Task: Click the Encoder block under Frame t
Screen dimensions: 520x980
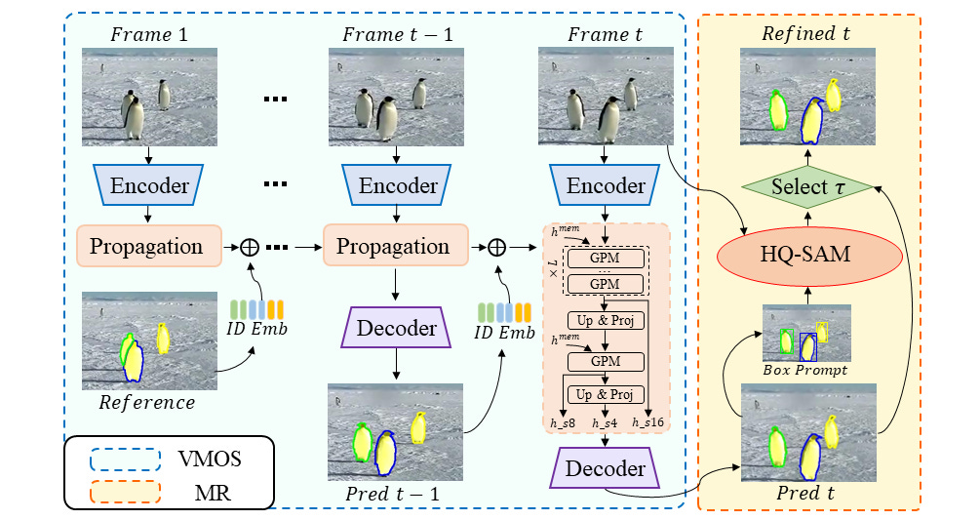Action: (606, 186)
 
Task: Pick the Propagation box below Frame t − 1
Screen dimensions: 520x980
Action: (394, 247)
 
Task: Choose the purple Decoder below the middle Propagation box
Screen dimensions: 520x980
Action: (394, 328)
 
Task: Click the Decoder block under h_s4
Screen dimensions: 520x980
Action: (606, 469)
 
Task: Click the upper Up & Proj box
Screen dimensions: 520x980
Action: (606, 320)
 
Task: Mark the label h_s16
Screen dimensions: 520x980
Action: (648, 421)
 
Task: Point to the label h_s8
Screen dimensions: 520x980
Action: (564, 421)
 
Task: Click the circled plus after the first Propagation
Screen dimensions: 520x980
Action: (251, 247)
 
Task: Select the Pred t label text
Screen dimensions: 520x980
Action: (806, 493)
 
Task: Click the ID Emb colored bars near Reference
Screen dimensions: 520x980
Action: (255, 309)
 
